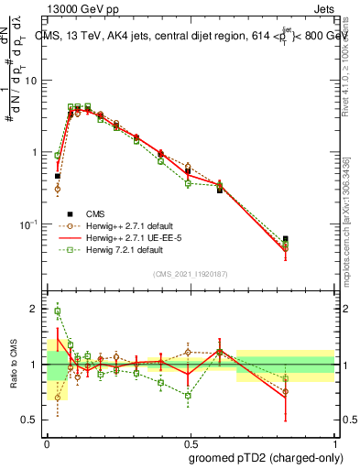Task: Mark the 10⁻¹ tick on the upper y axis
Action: [32, 224]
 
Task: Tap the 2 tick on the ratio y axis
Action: [38, 310]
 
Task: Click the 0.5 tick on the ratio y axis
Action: [34, 420]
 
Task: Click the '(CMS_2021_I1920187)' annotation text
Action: [190, 273]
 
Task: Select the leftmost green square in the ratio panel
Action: [57, 311]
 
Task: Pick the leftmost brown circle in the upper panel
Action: [57, 190]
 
